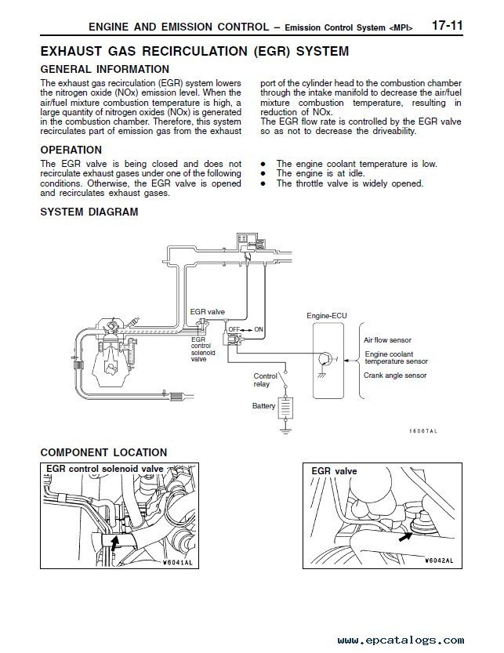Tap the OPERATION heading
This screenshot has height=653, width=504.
point(71,150)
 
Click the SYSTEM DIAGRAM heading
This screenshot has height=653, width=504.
point(89,212)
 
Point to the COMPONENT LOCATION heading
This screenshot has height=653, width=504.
point(103,452)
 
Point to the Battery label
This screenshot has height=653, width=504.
point(263,406)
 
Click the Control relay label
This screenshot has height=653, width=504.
point(265,380)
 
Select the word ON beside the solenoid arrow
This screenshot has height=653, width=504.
point(259,329)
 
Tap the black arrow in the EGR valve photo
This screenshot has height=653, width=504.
point(405,535)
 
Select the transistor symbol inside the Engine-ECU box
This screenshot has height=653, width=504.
point(324,359)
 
